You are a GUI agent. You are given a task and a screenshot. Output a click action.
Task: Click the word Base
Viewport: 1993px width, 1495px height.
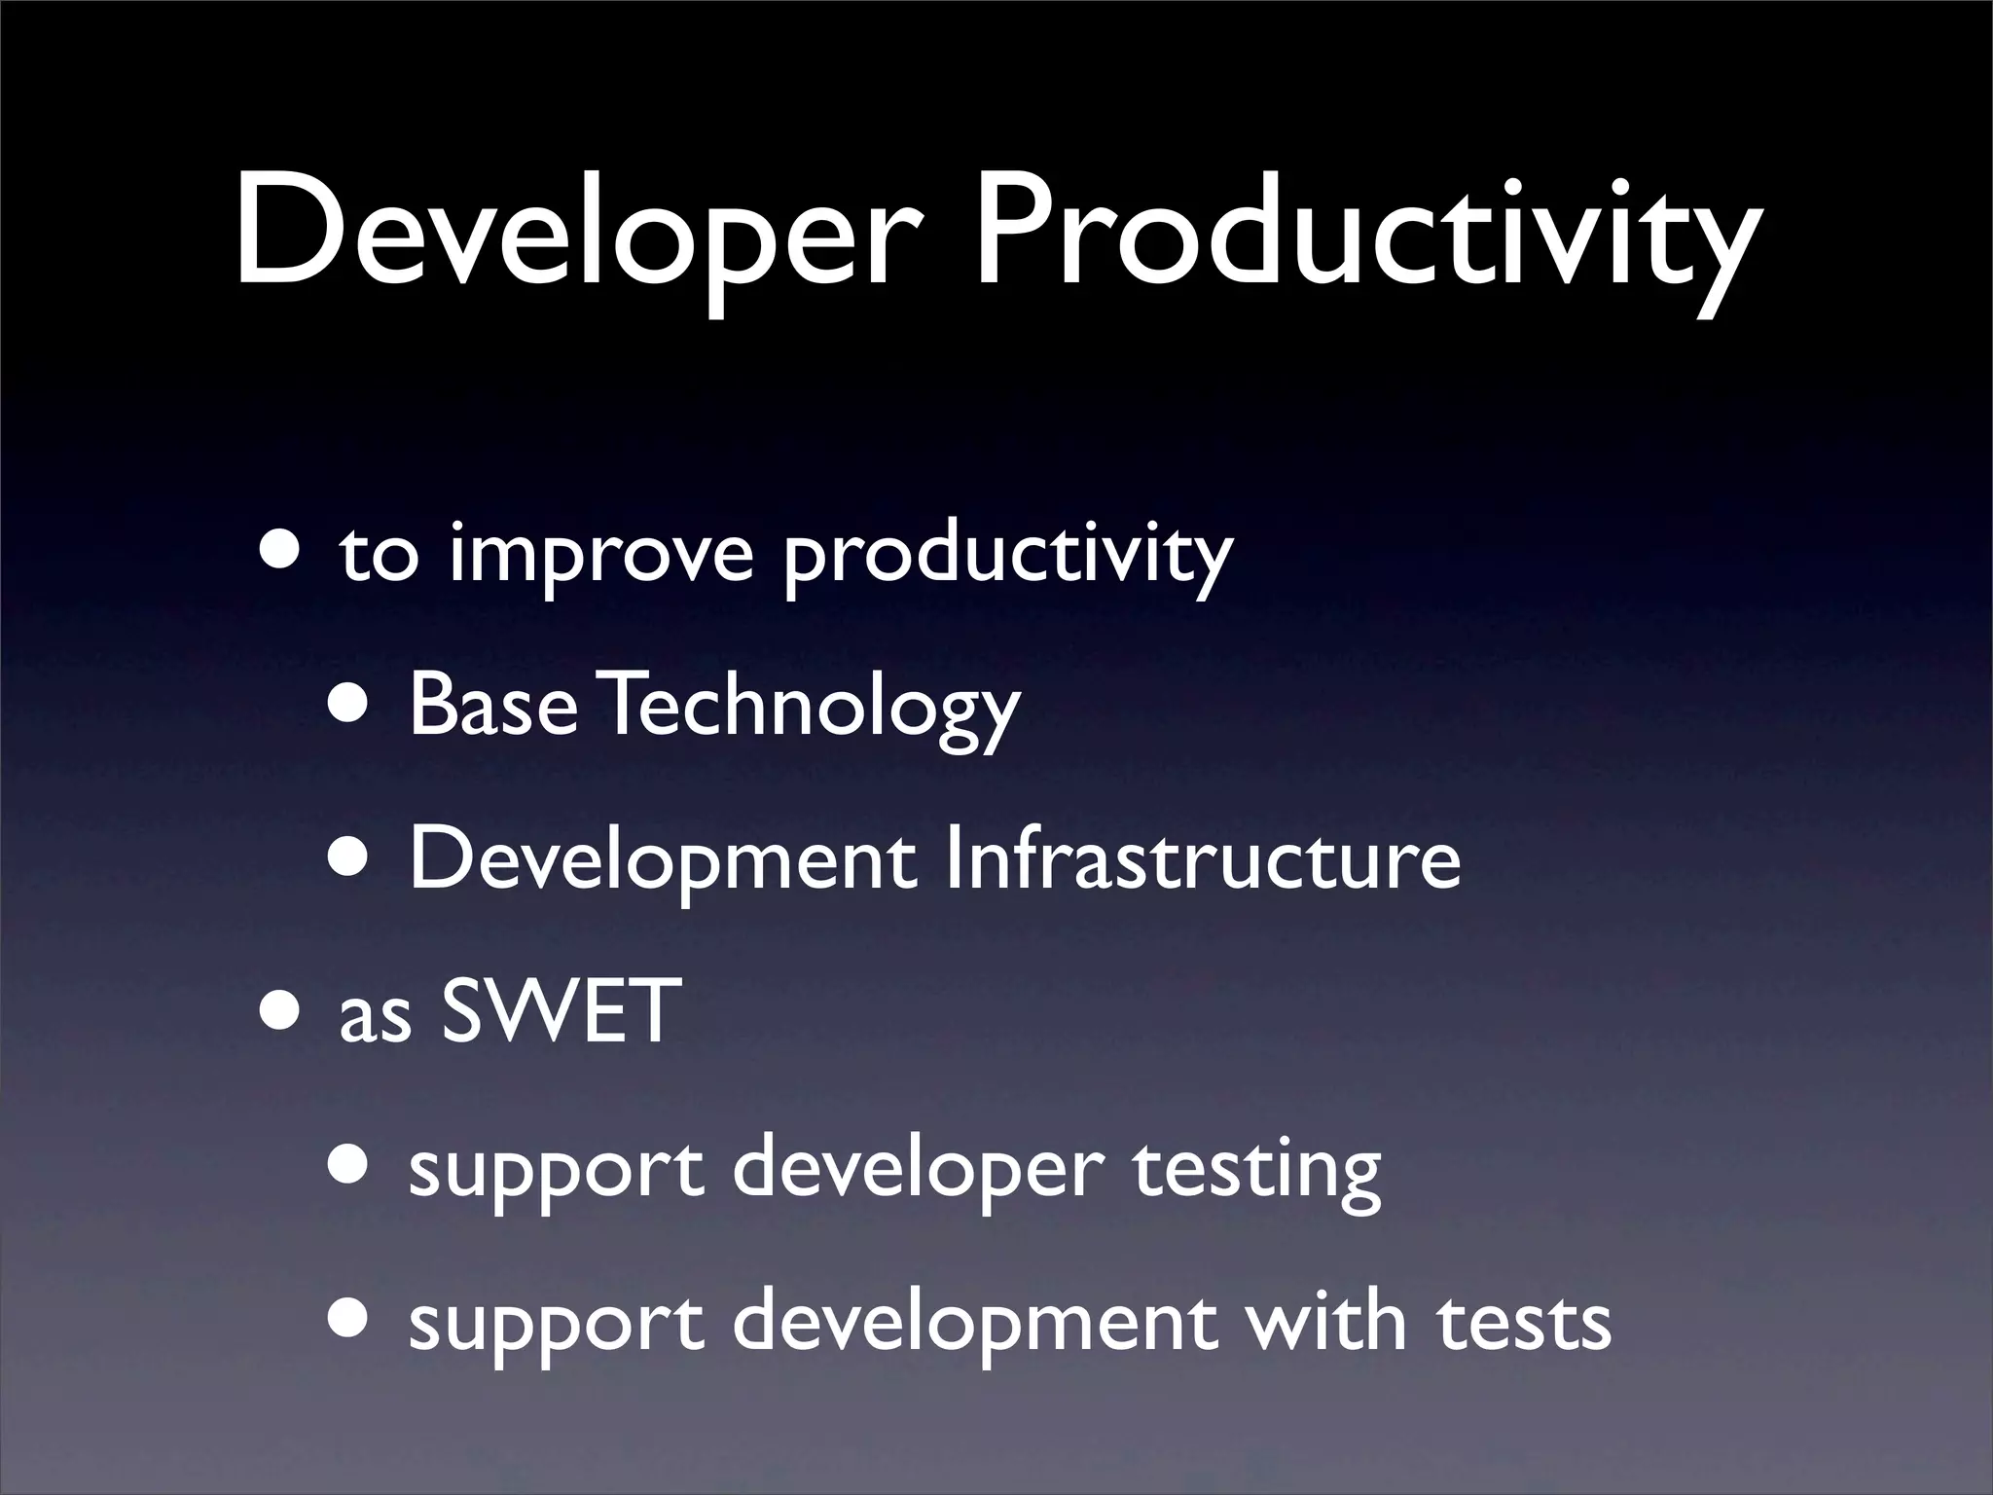pos(492,705)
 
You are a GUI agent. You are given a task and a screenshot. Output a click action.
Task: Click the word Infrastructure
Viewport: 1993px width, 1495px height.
pos(1203,857)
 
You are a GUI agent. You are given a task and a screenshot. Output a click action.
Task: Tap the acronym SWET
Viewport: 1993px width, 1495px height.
pos(560,1011)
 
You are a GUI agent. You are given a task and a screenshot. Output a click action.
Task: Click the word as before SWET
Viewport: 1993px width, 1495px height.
pos(375,1017)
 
